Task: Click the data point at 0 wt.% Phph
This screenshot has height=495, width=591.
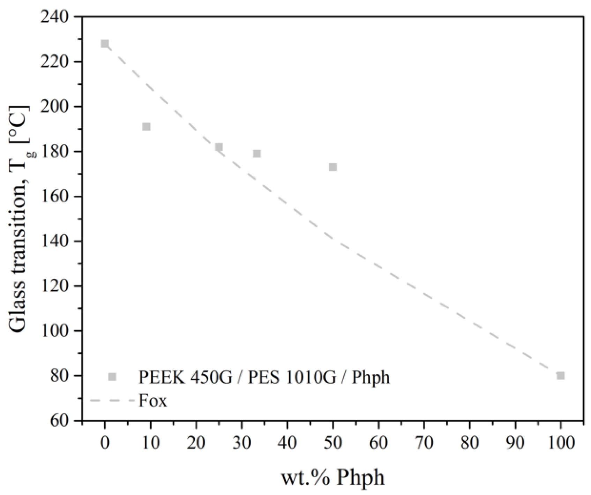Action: click(105, 44)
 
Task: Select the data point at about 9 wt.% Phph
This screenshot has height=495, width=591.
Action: click(147, 126)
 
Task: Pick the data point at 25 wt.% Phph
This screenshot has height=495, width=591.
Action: click(219, 147)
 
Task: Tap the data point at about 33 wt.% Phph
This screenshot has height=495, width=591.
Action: click(257, 153)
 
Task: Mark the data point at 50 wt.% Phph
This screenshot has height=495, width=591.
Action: click(333, 167)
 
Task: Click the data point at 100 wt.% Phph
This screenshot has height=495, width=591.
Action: click(561, 376)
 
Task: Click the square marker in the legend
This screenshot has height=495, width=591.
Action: click(112, 377)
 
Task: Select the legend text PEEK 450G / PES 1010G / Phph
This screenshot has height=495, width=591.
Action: click(264, 377)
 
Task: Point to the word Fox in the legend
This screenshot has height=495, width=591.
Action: click(153, 401)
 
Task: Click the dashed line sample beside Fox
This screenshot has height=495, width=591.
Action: click(112, 400)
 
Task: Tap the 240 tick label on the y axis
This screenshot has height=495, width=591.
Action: click(56, 17)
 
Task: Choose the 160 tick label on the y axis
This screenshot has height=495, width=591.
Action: click(56, 196)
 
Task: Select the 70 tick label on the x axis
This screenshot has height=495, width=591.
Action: click(424, 443)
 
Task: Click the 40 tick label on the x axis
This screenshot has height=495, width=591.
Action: click(287, 443)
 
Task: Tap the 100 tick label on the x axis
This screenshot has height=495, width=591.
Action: click(560, 443)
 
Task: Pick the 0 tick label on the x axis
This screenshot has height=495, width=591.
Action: click(105, 443)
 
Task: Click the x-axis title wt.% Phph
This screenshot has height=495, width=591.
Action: click(333, 478)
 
